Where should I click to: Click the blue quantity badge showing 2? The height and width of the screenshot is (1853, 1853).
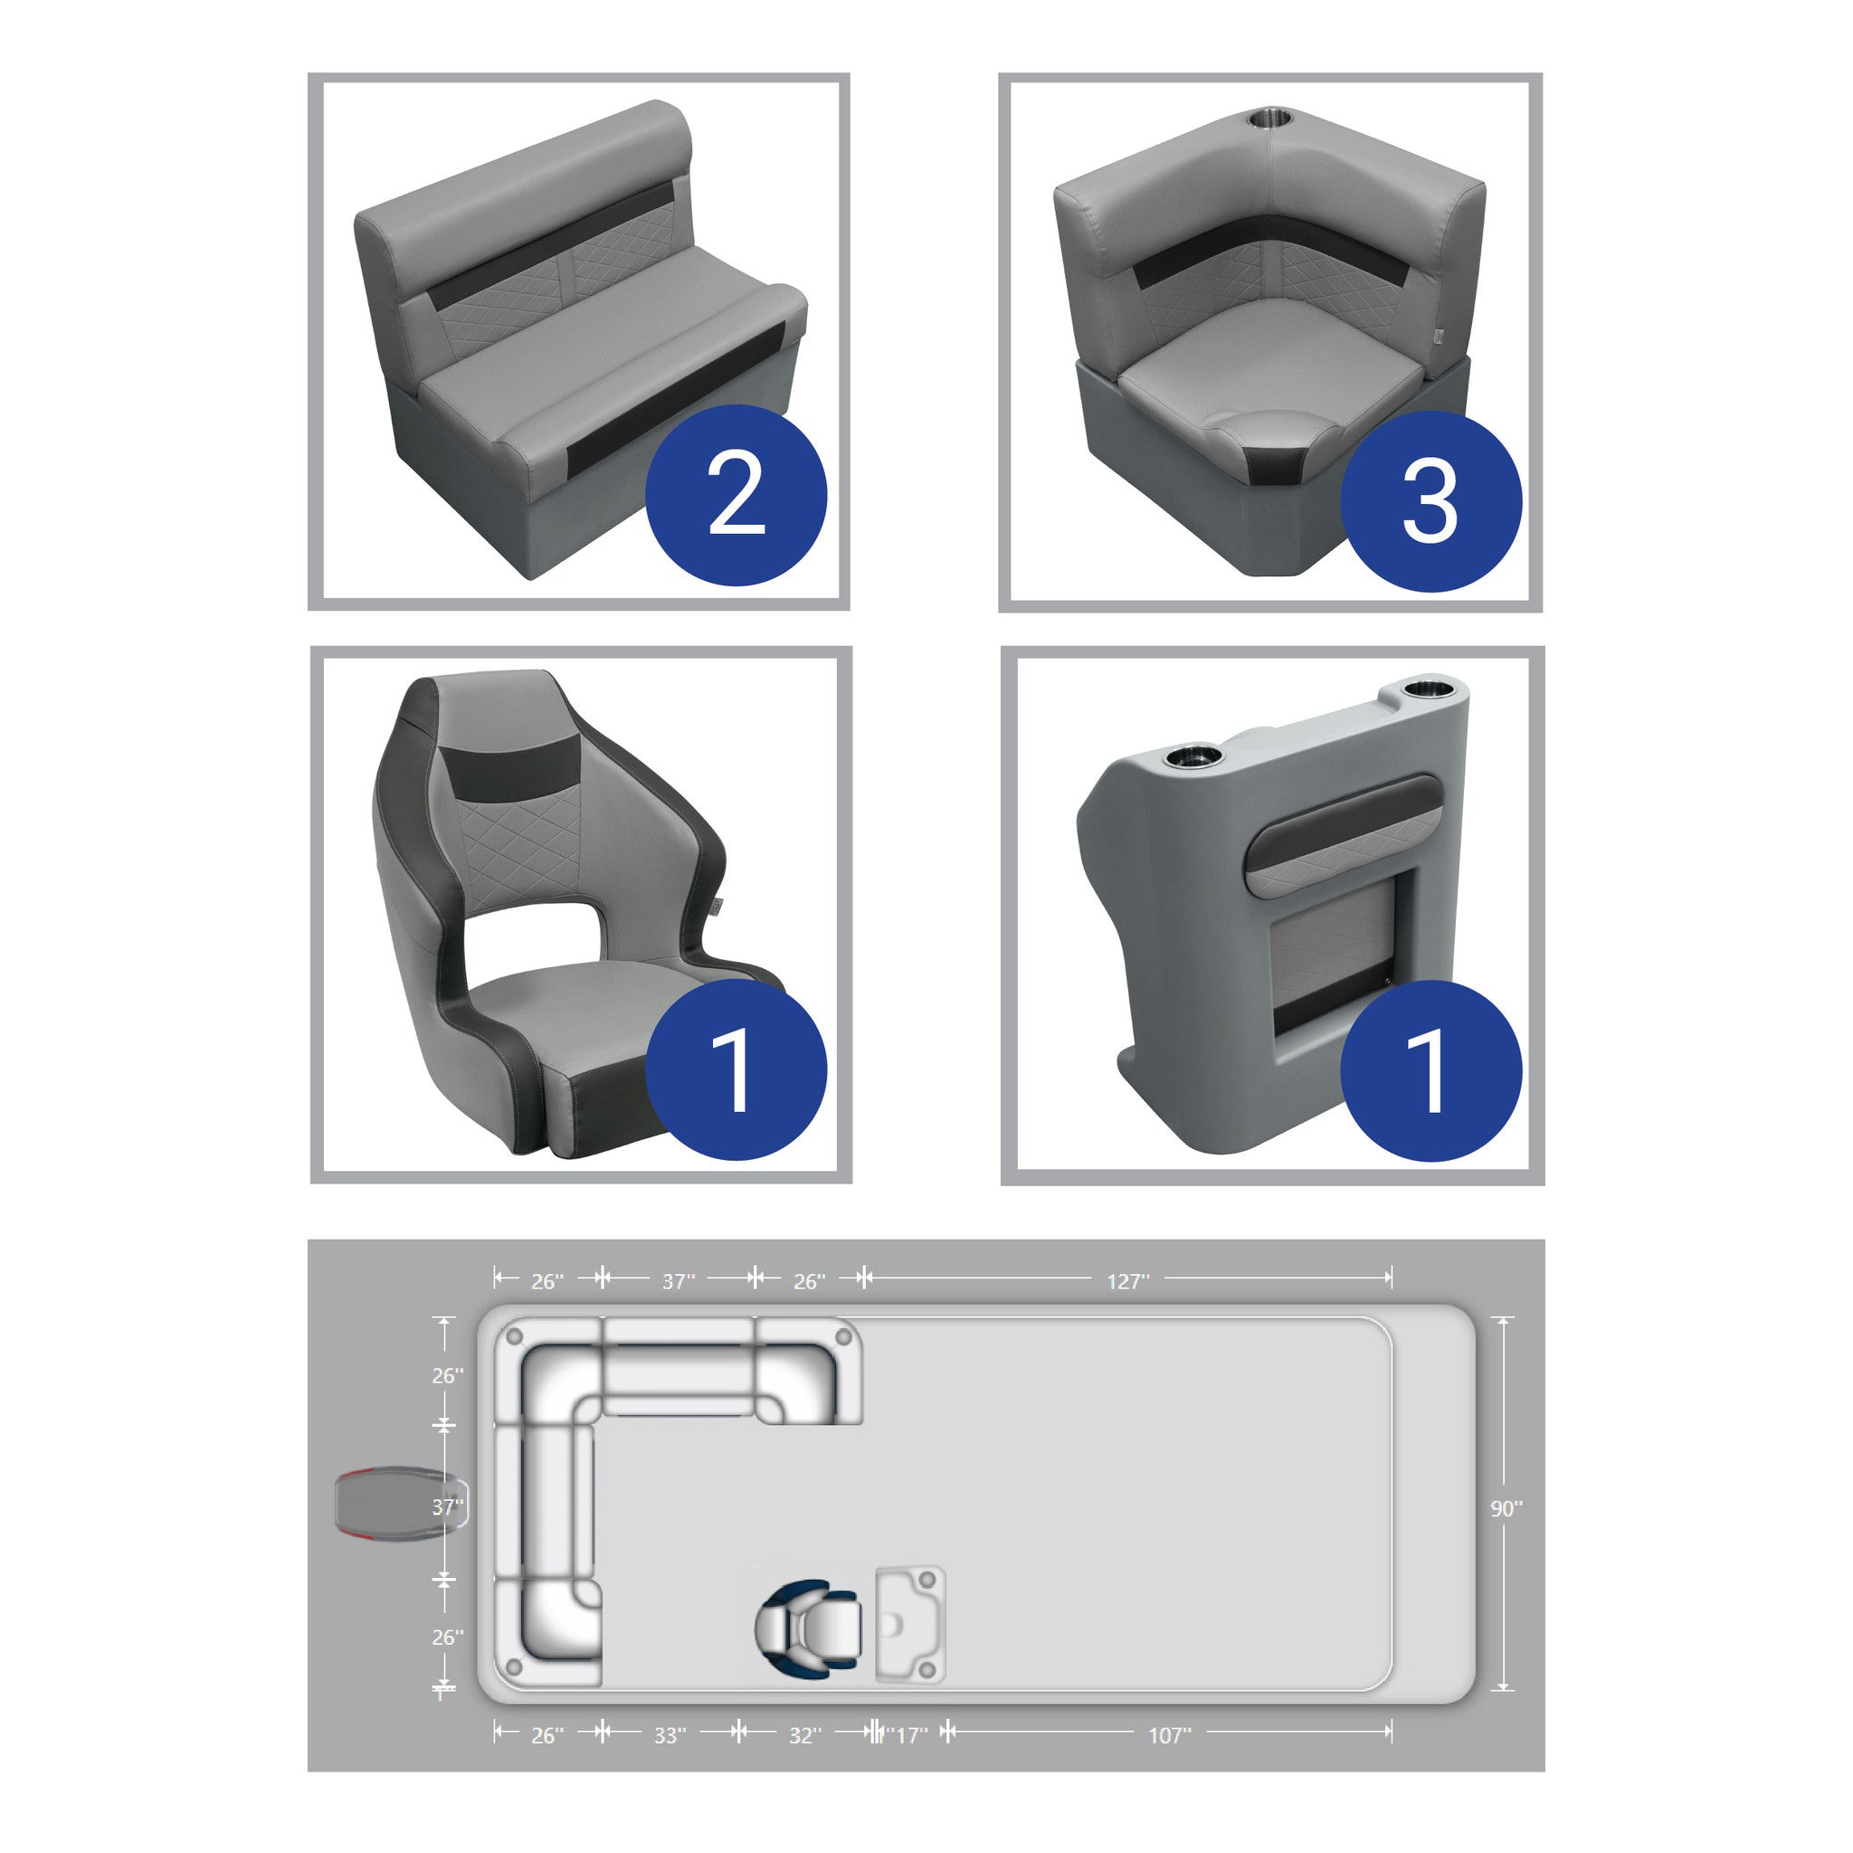pyautogui.click(x=736, y=495)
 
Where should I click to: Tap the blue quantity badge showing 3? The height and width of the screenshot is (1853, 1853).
pyautogui.click(x=1430, y=500)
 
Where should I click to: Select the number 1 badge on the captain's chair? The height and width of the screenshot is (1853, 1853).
pyautogui.click(x=736, y=1069)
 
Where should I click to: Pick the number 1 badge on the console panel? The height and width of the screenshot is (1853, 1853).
pyautogui.click(x=1430, y=1070)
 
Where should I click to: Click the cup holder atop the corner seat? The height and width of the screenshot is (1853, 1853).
pyautogui.click(x=1269, y=121)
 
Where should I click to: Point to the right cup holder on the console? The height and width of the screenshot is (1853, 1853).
pyautogui.click(x=1429, y=689)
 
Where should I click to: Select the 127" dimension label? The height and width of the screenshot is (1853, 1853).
pyautogui.click(x=1128, y=1281)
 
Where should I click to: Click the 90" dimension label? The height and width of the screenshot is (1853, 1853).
pyautogui.click(x=1506, y=1508)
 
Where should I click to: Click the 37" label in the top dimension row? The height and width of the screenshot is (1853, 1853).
pyautogui.click(x=678, y=1281)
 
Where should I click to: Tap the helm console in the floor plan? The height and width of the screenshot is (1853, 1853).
pyautogui.click(x=910, y=1625)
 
